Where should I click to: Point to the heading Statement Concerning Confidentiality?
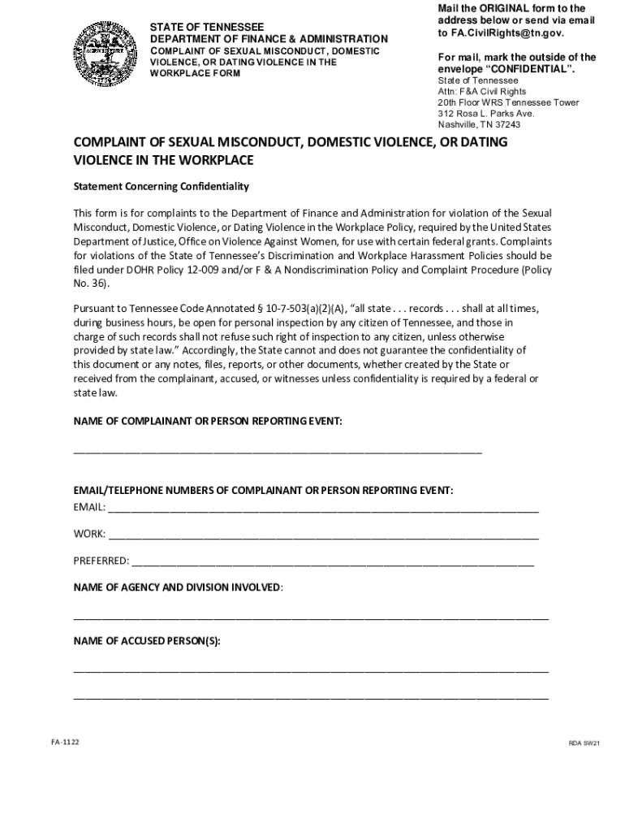click(x=162, y=187)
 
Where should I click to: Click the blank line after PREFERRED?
click(x=333, y=563)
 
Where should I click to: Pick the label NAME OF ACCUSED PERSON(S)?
click(x=147, y=640)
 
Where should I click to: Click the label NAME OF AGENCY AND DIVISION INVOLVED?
click(x=178, y=587)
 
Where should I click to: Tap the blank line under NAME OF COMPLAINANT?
click(x=278, y=450)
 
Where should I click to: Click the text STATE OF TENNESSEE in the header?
click(x=207, y=27)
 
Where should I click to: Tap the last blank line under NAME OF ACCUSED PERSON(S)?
click(x=311, y=697)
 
